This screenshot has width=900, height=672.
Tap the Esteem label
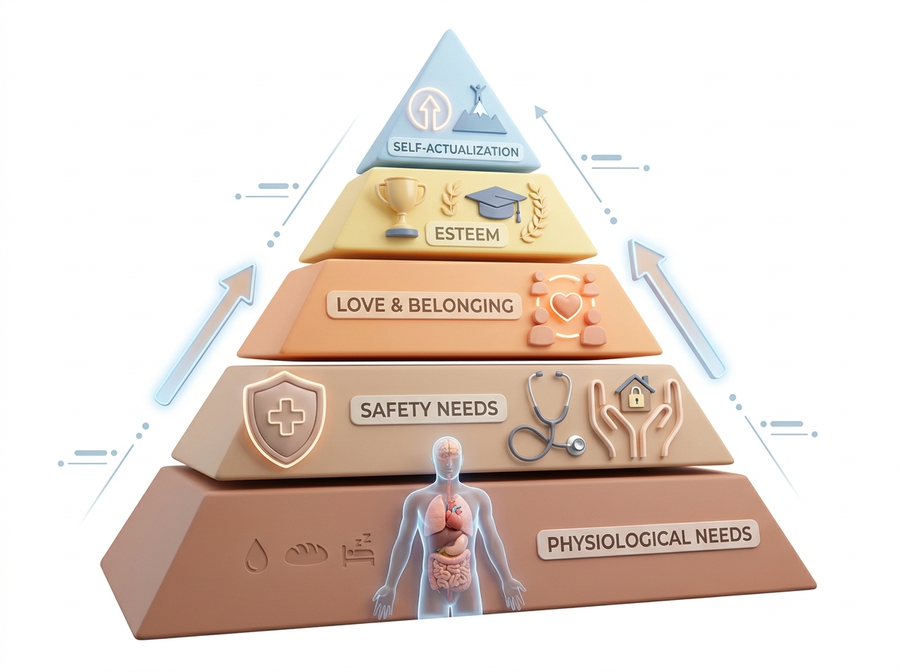point(466,235)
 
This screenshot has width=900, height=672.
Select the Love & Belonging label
point(424,305)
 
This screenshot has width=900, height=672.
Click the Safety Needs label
point(429,409)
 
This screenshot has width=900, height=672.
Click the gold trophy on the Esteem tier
point(400,208)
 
